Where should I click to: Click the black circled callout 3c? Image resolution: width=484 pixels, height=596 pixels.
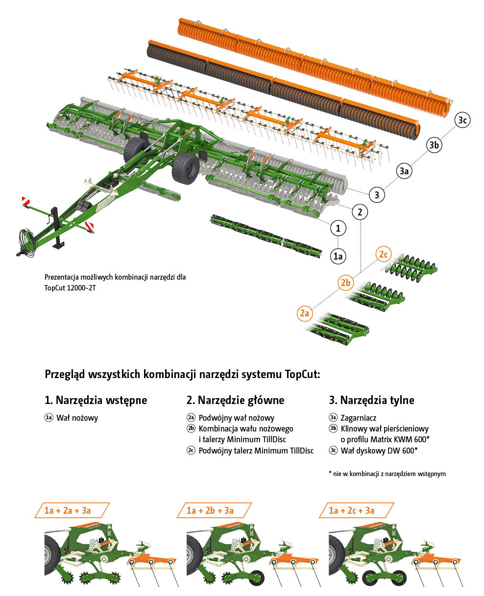coord(461,120)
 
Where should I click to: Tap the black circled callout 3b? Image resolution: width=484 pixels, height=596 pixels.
coord(434,145)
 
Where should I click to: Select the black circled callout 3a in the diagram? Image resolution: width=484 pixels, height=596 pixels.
coord(404,171)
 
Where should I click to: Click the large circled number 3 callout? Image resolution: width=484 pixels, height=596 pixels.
coord(377,194)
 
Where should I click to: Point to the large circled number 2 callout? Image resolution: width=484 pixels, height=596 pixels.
coord(360,212)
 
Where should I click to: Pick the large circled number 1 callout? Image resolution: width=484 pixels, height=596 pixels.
coord(338,228)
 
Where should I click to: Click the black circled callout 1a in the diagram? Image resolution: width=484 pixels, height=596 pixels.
coord(338,256)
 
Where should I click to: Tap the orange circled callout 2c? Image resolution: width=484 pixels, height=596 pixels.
coord(383,254)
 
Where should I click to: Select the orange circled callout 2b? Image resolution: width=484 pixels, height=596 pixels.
coord(346,283)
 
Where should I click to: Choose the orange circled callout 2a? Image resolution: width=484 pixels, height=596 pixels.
coord(305,313)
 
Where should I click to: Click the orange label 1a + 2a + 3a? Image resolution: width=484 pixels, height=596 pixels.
coord(72,510)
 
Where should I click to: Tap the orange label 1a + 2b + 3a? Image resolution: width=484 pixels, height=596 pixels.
coord(214,510)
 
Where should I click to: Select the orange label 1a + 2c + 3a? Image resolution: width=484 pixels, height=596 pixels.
coord(356,510)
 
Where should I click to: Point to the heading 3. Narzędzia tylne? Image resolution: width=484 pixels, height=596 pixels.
coord(371,400)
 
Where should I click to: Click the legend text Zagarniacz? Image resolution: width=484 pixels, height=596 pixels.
coord(358,418)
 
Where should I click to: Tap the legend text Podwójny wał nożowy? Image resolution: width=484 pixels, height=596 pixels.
coord(236,418)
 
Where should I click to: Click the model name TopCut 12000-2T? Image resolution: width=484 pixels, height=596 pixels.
coord(70,288)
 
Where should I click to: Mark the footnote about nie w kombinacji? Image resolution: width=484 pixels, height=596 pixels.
coord(387,474)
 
